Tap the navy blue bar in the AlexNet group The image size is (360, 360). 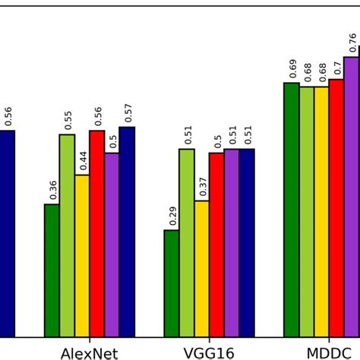(x=127, y=231)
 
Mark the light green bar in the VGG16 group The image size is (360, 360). (x=187, y=242)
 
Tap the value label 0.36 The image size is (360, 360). (x=52, y=191)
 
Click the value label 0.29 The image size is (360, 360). (x=172, y=216)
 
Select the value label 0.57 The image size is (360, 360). (x=128, y=113)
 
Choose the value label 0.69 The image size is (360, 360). (x=292, y=69)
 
